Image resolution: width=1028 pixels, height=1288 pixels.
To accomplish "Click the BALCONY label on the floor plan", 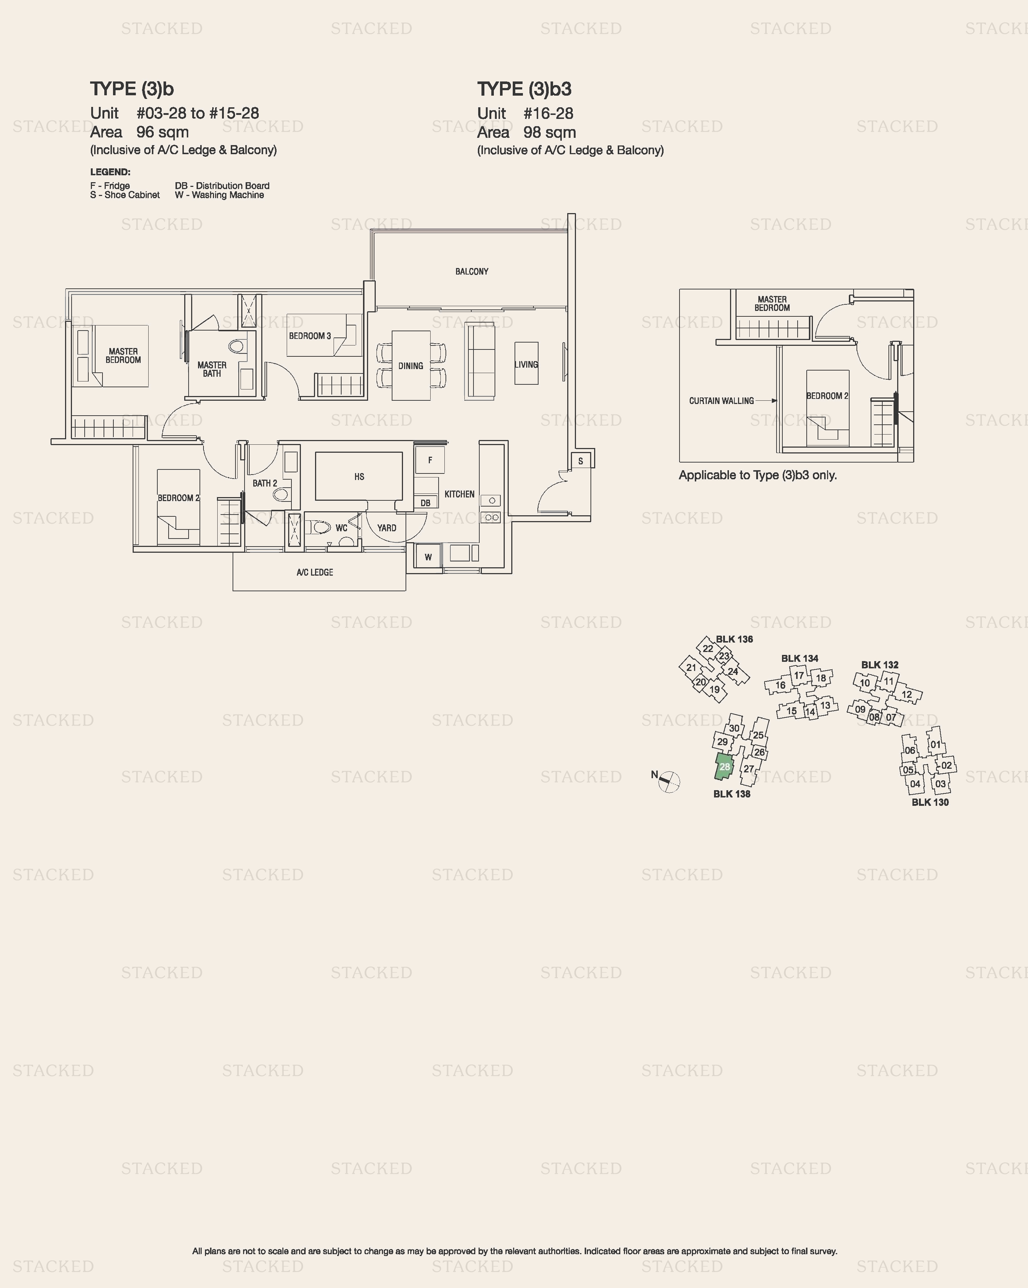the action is point(472,271).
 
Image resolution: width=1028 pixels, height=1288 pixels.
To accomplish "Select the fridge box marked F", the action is point(430,460).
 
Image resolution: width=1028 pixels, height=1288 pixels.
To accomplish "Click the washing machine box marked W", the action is point(428,557).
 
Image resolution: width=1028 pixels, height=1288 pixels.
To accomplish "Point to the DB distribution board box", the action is point(426,503).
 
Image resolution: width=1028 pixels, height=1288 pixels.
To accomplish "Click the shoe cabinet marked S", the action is point(580,461).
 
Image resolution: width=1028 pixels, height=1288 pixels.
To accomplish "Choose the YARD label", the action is point(387,528).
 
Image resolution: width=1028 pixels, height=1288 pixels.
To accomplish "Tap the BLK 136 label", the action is point(734,639).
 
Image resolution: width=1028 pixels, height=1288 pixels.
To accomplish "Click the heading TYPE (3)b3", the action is point(524,89).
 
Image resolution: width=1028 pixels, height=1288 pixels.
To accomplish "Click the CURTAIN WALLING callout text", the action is point(721,401).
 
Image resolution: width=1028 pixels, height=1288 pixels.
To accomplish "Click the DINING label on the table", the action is point(411,365).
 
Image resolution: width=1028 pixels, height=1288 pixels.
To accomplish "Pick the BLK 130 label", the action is point(930,802).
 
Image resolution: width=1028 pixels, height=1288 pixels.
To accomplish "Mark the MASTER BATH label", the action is point(212,369).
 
